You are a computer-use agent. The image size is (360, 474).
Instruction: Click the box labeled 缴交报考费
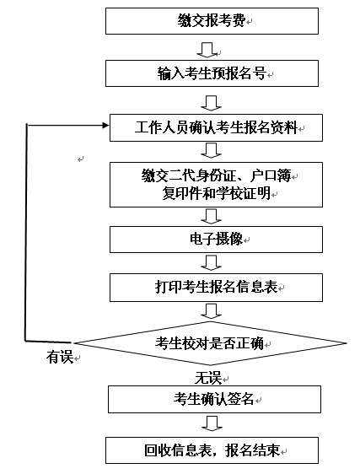click(x=212, y=21)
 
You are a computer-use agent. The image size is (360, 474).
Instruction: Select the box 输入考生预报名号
click(x=212, y=73)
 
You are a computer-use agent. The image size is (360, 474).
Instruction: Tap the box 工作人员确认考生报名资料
click(x=216, y=127)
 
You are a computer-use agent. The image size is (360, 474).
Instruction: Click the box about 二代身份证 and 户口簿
click(x=216, y=185)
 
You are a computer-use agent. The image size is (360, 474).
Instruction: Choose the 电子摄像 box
click(x=216, y=240)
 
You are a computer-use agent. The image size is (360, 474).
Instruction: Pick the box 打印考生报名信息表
click(x=216, y=287)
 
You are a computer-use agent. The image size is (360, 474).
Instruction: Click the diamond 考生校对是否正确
click(x=211, y=343)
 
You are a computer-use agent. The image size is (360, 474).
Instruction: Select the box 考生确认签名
click(x=214, y=399)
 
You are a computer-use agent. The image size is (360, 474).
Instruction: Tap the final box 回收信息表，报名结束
click(x=212, y=450)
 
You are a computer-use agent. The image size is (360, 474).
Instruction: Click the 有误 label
click(x=60, y=357)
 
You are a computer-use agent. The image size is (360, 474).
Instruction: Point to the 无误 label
click(x=208, y=378)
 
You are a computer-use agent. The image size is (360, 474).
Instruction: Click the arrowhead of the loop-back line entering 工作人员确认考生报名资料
click(x=105, y=125)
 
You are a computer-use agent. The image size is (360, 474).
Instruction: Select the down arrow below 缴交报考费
click(x=207, y=50)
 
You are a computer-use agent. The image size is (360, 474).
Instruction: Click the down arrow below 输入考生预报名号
click(x=212, y=103)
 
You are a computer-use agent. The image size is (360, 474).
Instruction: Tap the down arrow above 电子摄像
click(x=212, y=217)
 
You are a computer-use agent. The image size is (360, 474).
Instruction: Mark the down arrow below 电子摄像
click(x=212, y=262)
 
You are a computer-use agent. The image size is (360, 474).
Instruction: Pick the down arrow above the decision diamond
click(x=212, y=311)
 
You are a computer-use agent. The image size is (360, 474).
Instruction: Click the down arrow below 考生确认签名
click(x=212, y=423)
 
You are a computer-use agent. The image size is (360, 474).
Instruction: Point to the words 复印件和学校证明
click(x=217, y=193)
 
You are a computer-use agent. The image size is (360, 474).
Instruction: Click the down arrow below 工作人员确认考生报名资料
click(x=212, y=150)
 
